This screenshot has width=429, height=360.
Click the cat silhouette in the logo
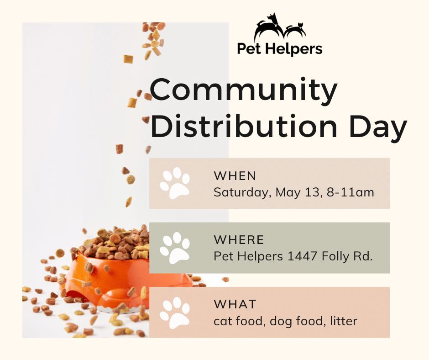pos(295,30)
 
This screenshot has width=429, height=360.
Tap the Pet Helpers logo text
pos(280,49)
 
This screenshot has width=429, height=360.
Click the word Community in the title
pos(244,91)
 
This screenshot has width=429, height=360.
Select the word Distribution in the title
pos(244,127)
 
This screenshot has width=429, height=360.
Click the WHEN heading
pos(235,176)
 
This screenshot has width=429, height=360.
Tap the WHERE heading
pos(239,240)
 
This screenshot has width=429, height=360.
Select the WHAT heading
pos(235,304)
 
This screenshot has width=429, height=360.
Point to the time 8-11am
pos(350,192)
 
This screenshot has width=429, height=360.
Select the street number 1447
pos(302,256)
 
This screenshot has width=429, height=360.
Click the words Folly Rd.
pos(347,257)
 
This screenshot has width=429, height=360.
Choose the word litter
pos(344,321)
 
